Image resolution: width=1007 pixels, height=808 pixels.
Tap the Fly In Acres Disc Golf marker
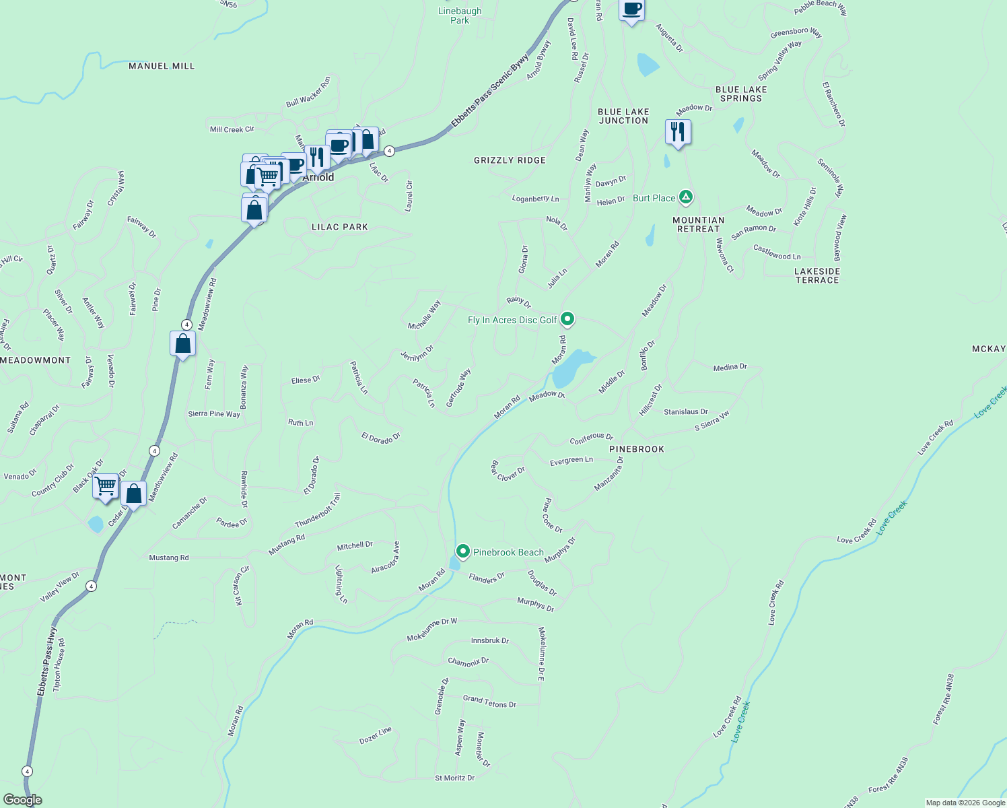(x=567, y=319)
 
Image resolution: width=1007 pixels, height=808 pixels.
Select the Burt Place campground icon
(x=685, y=197)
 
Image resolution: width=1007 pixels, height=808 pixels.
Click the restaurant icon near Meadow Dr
(x=678, y=132)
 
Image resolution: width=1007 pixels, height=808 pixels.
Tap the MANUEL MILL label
(x=162, y=66)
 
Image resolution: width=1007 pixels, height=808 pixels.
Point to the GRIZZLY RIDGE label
(x=510, y=160)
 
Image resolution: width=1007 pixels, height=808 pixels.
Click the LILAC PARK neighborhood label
(x=340, y=227)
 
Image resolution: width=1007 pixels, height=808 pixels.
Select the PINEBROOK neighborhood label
(x=636, y=449)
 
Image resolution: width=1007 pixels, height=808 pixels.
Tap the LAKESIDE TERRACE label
(x=817, y=275)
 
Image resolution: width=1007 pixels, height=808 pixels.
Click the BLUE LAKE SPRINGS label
(x=741, y=94)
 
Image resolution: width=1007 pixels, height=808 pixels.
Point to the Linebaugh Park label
(x=460, y=15)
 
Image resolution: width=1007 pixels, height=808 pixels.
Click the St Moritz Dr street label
(x=454, y=778)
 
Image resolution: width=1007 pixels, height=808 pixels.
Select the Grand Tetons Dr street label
(x=489, y=702)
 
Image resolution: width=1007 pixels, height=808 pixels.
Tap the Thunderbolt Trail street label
(x=318, y=510)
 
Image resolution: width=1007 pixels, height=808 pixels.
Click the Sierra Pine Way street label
(x=214, y=413)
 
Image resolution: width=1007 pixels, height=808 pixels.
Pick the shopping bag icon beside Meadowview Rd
(x=182, y=344)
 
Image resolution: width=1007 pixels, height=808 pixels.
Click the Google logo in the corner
(x=22, y=800)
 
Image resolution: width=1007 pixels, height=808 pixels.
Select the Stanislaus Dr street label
(x=685, y=411)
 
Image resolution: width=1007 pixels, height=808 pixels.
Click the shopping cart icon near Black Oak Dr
(x=106, y=485)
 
